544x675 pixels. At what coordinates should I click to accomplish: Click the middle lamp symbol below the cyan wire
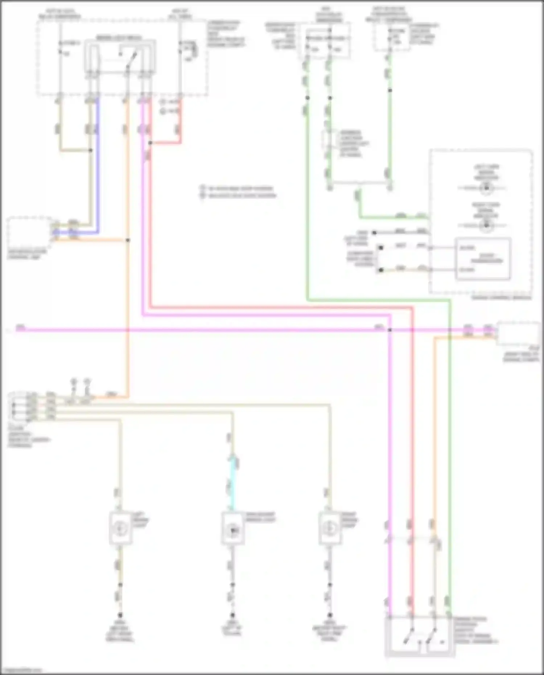click(x=232, y=530)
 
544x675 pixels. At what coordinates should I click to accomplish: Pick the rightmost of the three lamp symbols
click(x=330, y=528)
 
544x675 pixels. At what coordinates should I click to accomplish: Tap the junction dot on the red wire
click(x=150, y=143)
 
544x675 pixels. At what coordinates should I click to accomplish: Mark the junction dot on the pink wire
click(x=390, y=330)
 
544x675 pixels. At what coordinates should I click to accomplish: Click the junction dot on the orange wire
click(x=128, y=240)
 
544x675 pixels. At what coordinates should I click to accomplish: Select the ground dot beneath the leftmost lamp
click(x=120, y=615)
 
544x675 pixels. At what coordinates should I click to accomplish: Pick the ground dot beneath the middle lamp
click(x=232, y=615)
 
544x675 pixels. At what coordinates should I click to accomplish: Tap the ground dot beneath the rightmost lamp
click(x=330, y=615)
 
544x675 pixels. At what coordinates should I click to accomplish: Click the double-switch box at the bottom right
click(x=420, y=637)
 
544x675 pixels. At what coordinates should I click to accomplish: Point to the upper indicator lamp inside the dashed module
click(x=486, y=188)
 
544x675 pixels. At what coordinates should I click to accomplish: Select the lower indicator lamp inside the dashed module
click(x=486, y=226)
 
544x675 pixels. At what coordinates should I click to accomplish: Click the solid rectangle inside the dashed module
click(x=483, y=259)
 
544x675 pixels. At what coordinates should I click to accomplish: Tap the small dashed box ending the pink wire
click(x=519, y=333)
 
